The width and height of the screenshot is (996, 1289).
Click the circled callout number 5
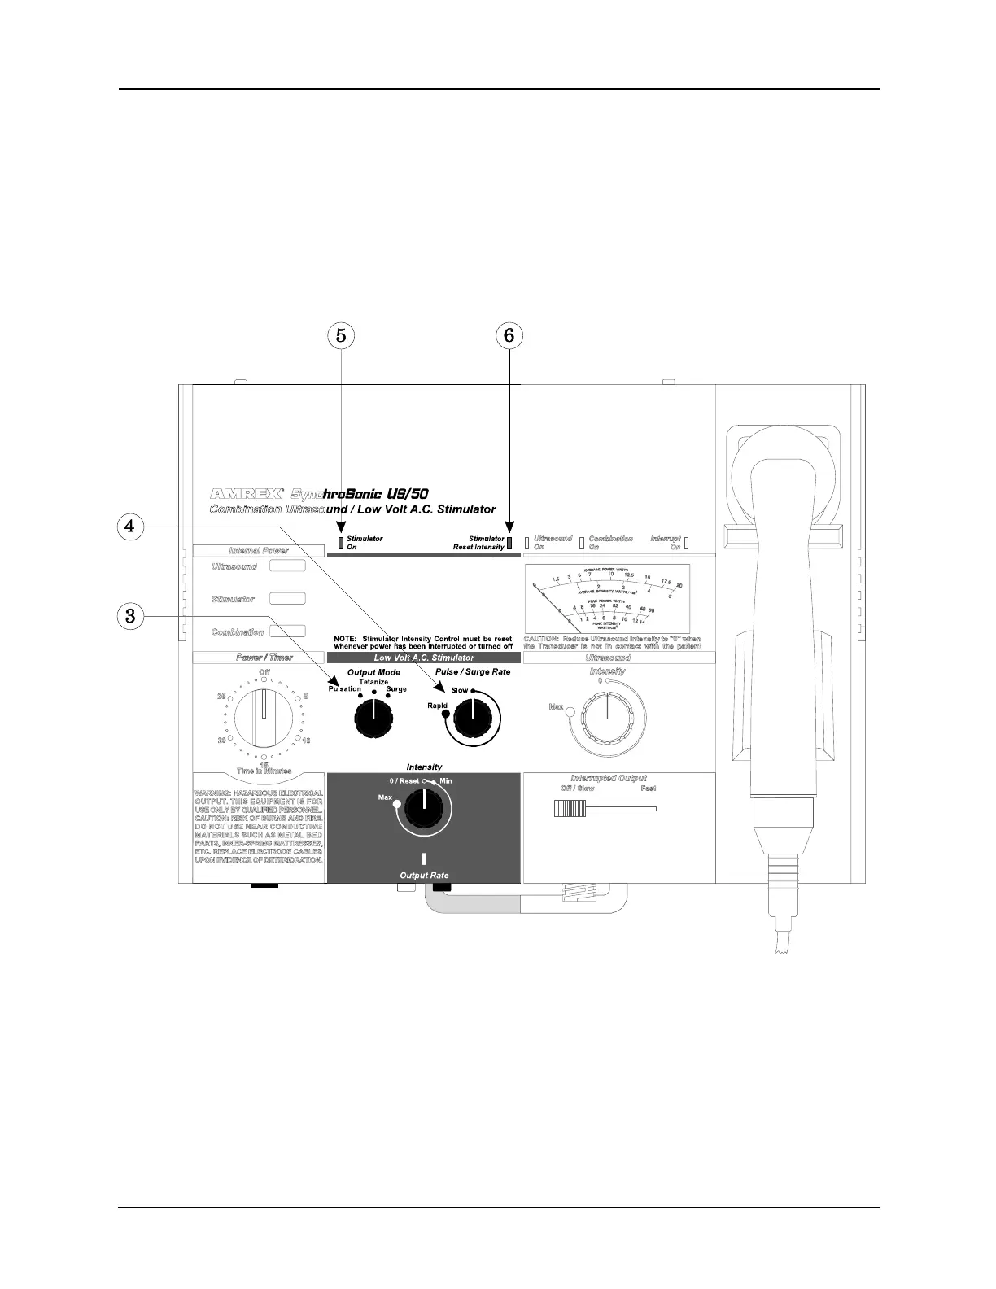[341, 334]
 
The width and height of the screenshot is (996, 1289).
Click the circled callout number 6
[509, 334]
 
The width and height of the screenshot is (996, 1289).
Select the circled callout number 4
[129, 526]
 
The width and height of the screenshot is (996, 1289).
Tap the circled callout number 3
[129, 615]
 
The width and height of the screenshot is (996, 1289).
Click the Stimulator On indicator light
[341, 544]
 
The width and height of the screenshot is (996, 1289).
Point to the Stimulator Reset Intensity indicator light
[510, 544]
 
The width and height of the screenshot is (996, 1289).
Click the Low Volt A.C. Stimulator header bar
[423, 658]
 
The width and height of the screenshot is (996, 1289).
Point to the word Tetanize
[373, 682]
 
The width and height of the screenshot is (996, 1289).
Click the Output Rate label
[424, 876]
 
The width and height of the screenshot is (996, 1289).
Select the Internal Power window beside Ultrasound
[287, 566]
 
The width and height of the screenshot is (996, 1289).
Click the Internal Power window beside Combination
[287, 631]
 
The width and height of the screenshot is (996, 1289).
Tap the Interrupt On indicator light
[686, 543]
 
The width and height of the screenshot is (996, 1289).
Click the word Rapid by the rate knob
[437, 706]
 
